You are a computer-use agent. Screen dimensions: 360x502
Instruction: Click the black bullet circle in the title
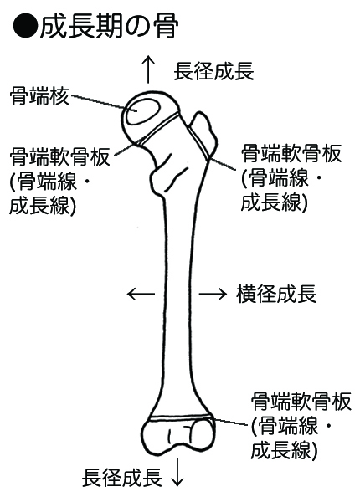tap(25, 26)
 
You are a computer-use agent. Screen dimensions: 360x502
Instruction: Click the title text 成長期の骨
tap(109, 27)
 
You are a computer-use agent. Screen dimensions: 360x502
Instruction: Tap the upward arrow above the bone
tap(149, 69)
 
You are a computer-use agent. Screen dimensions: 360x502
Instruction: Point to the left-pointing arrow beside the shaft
tap(141, 294)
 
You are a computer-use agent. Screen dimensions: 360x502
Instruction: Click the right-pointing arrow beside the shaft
tap(213, 294)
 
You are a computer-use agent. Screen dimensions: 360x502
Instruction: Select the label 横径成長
tap(277, 294)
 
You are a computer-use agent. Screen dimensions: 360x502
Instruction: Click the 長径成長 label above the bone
tap(214, 71)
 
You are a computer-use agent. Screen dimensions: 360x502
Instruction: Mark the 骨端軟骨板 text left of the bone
tap(60, 156)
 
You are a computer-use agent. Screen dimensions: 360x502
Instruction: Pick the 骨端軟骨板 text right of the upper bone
tap(291, 153)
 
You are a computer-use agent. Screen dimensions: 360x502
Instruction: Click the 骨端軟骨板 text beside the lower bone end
tap(301, 402)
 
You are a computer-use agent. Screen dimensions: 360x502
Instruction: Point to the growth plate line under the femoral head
tap(158, 128)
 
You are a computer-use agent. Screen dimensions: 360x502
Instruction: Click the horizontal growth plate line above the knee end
tap(182, 417)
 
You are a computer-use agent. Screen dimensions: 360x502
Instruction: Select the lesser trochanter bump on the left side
tap(157, 180)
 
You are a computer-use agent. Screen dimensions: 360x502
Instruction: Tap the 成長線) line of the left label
tap(43, 205)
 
